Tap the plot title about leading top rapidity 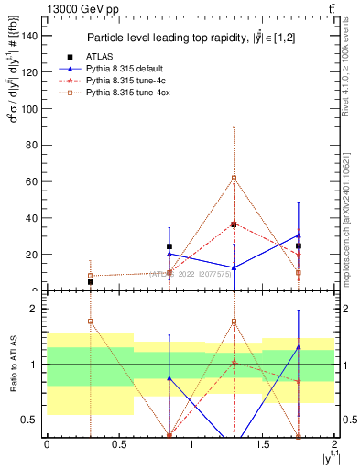tap(191, 38)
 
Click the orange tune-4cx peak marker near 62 tap(234, 178)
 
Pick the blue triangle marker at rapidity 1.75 tap(299, 235)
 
